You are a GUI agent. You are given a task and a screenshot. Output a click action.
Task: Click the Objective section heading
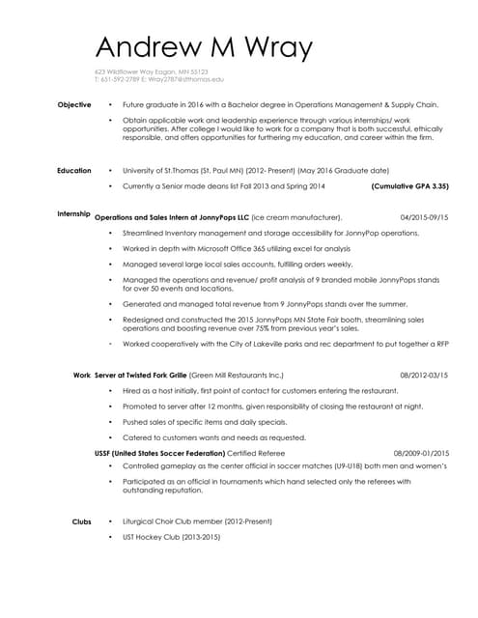(x=74, y=104)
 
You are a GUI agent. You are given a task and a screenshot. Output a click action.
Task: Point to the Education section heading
(x=73, y=171)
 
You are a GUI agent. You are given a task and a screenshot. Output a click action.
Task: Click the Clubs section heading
(x=81, y=521)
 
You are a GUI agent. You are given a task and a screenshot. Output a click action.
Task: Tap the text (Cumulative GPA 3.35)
(x=409, y=185)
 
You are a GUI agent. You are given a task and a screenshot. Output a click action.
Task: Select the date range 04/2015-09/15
(x=424, y=217)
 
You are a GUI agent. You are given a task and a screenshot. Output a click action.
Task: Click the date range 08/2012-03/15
(x=424, y=375)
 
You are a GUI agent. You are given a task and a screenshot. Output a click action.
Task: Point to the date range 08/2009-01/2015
(x=421, y=453)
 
